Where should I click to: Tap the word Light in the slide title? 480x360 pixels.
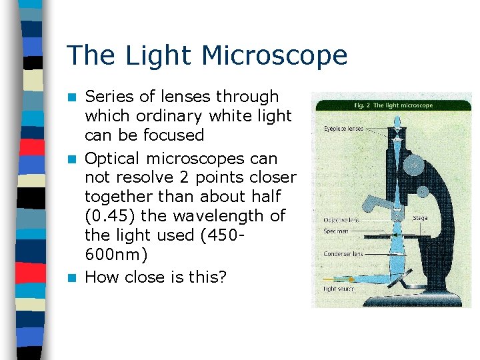tap(165, 55)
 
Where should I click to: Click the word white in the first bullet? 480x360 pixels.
tap(233, 115)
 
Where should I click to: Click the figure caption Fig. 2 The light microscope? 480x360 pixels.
tap(394, 105)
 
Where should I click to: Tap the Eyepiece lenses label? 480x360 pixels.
tap(343, 128)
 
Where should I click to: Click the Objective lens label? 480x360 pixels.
tap(341, 219)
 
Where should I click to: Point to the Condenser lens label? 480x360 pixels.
tap(343, 253)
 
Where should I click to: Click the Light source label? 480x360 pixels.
tap(339, 289)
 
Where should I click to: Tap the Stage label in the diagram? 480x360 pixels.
tap(420, 217)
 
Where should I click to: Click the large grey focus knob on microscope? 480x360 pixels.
tap(414, 165)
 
